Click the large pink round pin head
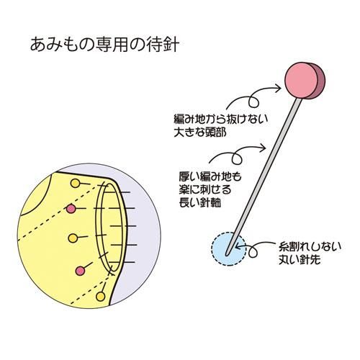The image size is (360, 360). (302, 81)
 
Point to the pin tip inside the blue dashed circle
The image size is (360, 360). (227, 253)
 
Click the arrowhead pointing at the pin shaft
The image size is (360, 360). (263, 148)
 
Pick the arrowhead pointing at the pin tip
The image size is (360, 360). (238, 246)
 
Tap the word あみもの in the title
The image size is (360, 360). (62, 44)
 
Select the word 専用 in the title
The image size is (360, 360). (112, 44)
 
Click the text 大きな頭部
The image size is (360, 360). (200, 132)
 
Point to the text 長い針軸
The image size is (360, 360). (199, 203)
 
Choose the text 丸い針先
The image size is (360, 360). (300, 260)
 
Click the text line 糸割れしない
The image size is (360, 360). (310, 246)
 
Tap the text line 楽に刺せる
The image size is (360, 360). (204, 189)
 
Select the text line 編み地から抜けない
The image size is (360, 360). (220, 119)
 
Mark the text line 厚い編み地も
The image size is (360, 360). (210, 176)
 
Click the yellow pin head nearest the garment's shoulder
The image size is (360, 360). (75, 184)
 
